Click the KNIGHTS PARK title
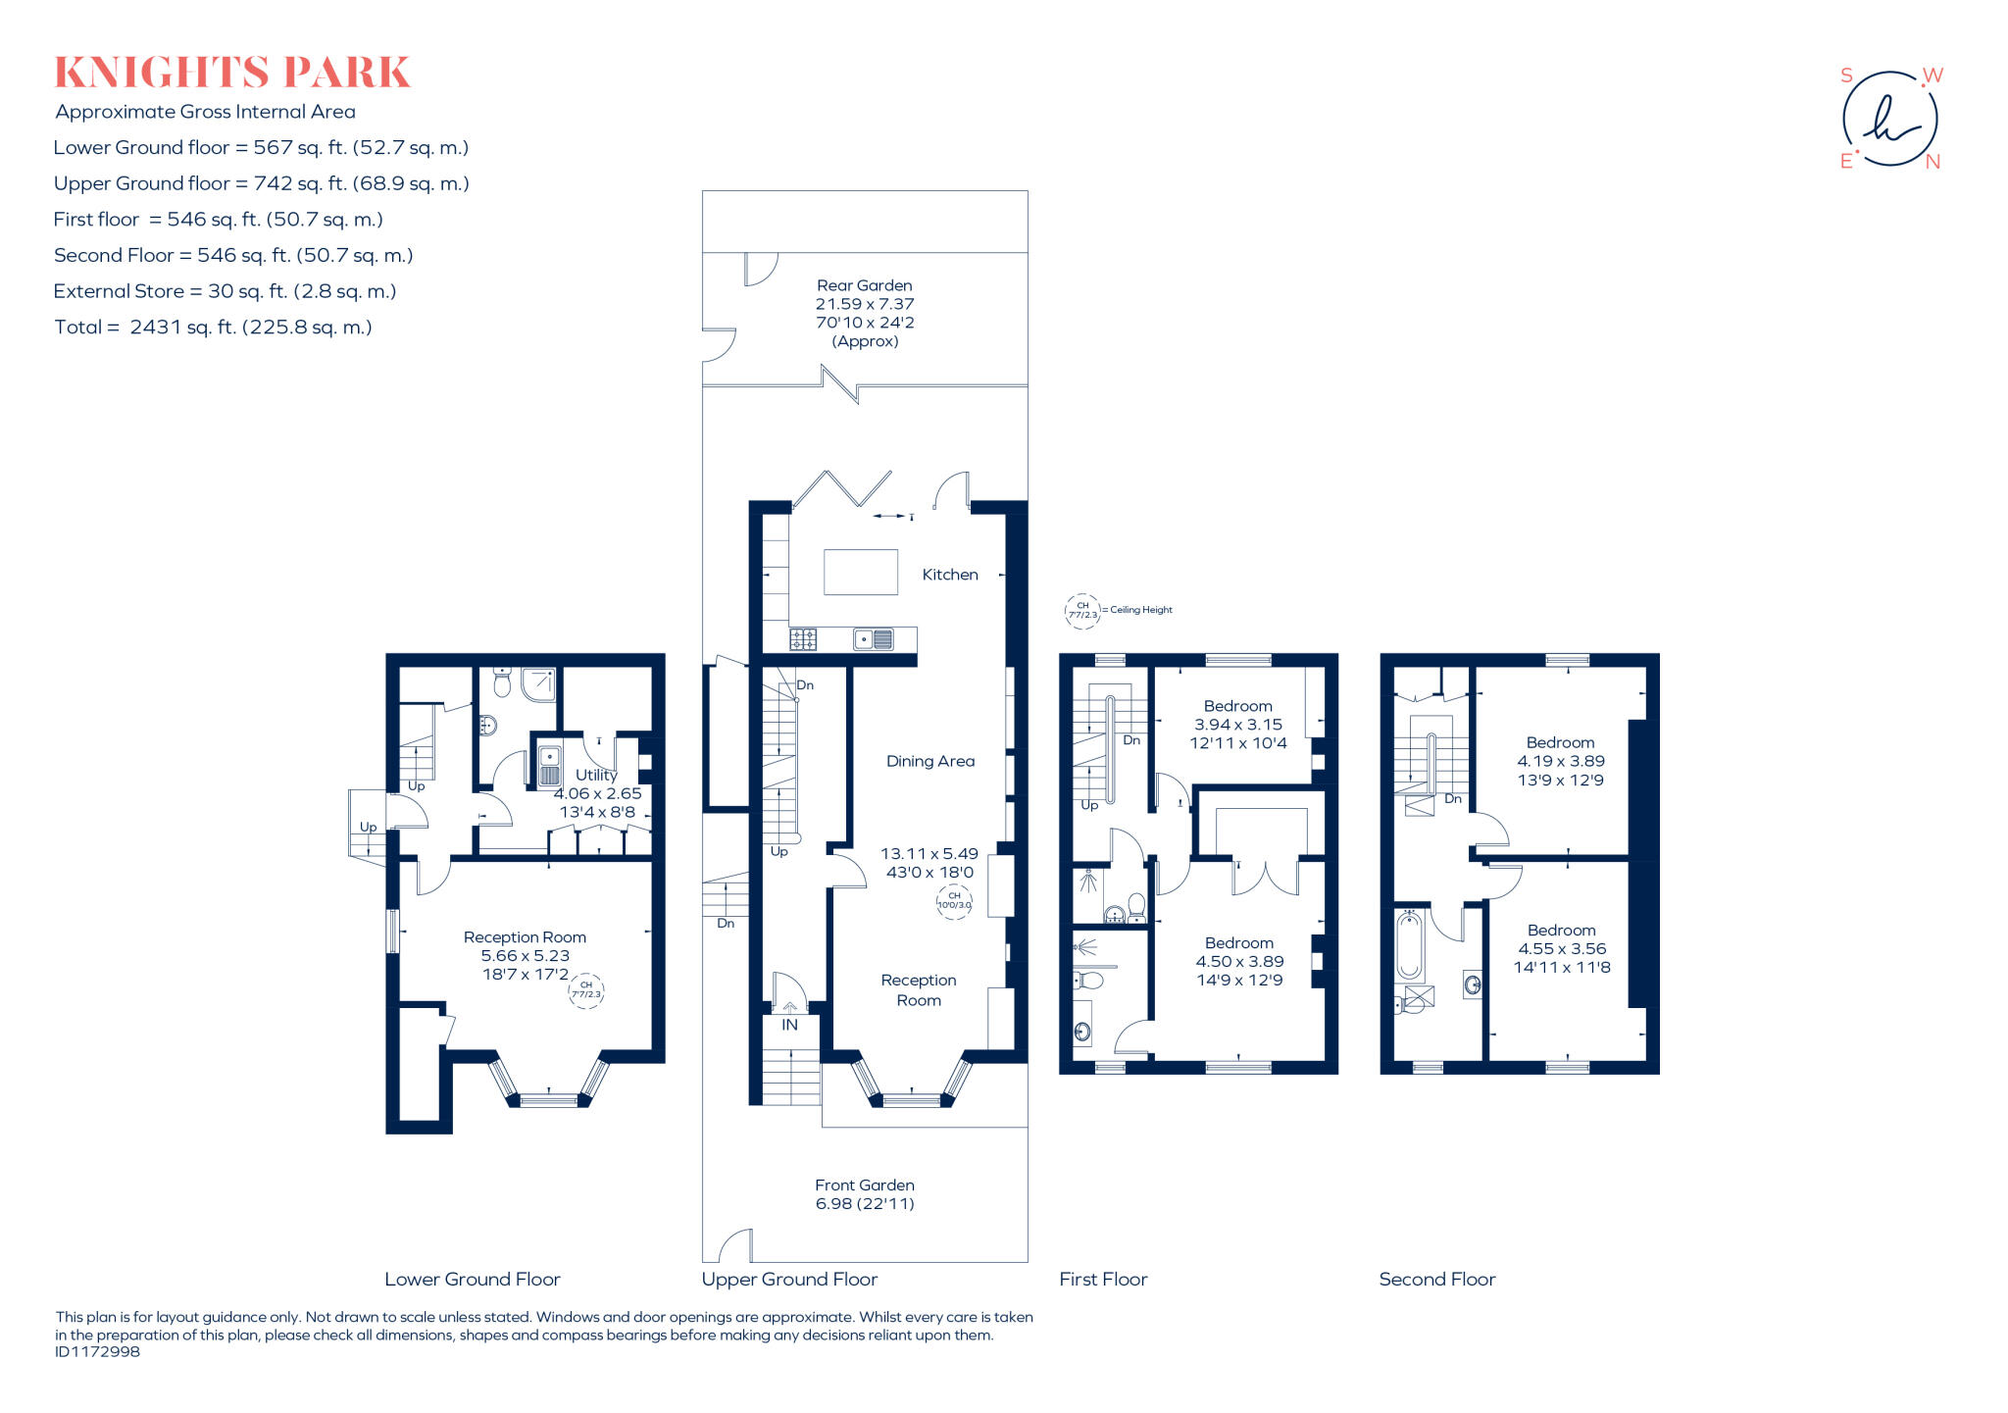(x=231, y=73)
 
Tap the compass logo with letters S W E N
(x=1889, y=119)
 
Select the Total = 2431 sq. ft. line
(x=213, y=328)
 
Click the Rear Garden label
(x=864, y=285)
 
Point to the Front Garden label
(x=864, y=1185)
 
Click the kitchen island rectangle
(x=860, y=573)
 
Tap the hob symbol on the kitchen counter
(x=803, y=639)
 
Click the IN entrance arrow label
(x=789, y=1024)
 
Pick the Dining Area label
(x=929, y=761)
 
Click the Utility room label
(x=596, y=775)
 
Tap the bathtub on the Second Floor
(x=1409, y=946)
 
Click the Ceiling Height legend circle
(x=1082, y=610)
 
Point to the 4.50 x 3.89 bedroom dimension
(x=1239, y=962)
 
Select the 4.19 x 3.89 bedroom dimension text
(x=1560, y=761)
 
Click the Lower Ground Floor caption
(x=472, y=1279)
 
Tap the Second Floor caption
(x=1436, y=1279)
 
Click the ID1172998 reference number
(x=97, y=1352)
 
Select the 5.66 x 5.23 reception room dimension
(x=525, y=956)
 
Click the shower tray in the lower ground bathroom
(x=538, y=684)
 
